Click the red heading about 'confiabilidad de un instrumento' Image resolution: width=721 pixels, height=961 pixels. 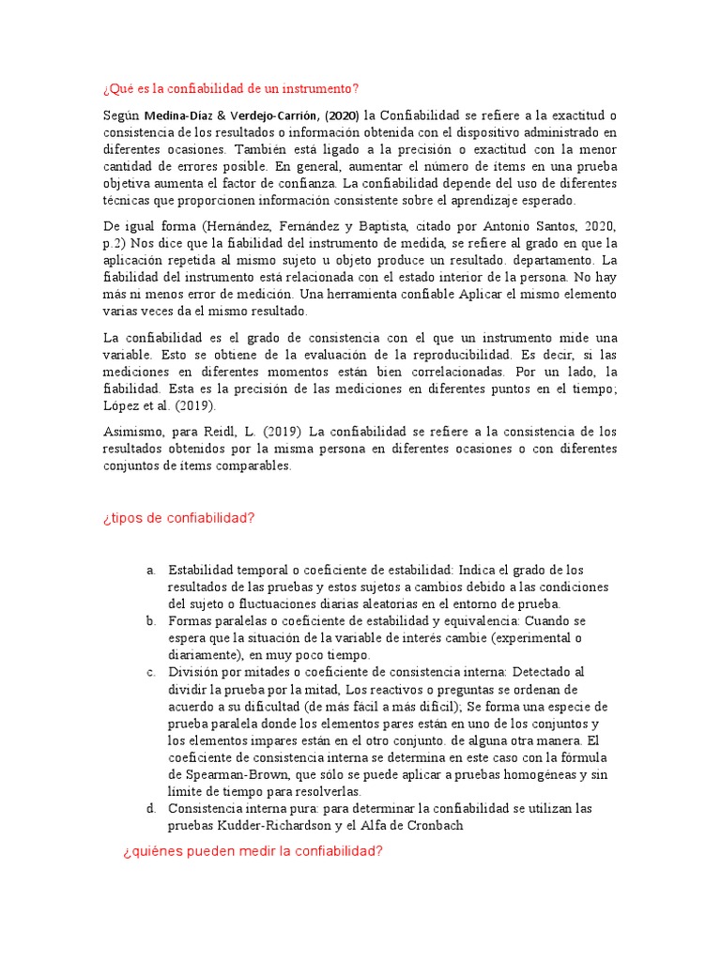tap(230, 89)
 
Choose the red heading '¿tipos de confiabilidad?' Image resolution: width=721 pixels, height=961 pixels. tap(178, 518)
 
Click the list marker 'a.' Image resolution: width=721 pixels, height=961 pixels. tap(151, 571)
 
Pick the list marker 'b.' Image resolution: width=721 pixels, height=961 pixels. tap(151, 621)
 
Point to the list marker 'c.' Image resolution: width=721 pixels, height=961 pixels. tap(151, 672)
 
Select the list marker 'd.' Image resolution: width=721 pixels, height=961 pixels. tap(151, 808)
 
